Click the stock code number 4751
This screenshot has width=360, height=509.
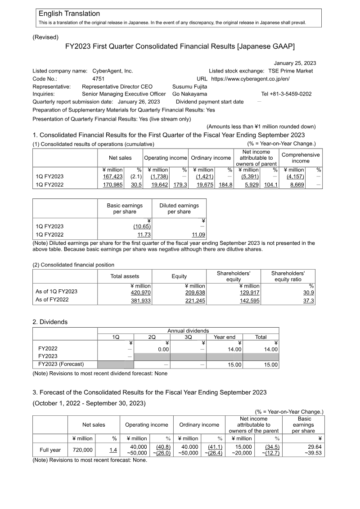point(99,78)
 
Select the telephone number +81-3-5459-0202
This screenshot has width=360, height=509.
point(286,94)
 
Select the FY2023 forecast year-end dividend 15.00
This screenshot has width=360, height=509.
point(234,365)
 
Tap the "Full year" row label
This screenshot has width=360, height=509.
point(50,450)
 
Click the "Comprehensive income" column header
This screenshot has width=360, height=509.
point(300,158)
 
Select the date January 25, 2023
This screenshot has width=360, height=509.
point(295,63)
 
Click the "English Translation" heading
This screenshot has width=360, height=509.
point(69,14)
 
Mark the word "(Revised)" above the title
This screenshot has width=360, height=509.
point(45,37)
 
